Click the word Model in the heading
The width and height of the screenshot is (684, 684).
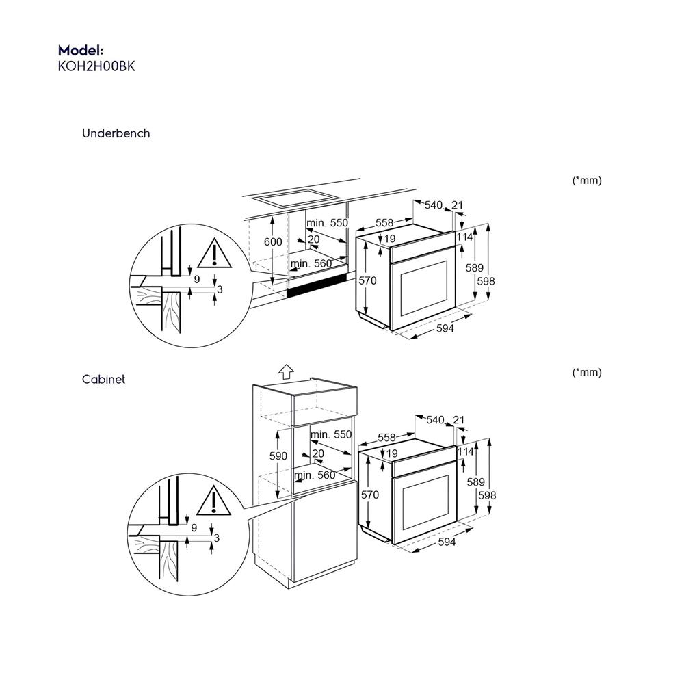click(x=79, y=51)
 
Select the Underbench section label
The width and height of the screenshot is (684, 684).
click(x=116, y=133)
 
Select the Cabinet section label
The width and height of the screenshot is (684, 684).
click(x=103, y=379)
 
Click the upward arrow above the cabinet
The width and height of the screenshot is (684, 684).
click(x=286, y=371)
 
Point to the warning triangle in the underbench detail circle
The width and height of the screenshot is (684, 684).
click(x=214, y=254)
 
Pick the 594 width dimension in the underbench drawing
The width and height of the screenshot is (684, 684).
click(x=445, y=328)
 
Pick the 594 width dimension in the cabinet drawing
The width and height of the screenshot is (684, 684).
click(x=446, y=542)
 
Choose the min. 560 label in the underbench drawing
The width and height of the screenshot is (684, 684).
click(x=311, y=264)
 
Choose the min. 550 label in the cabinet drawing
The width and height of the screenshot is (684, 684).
click(x=330, y=434)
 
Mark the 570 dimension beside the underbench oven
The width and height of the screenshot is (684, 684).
click(x=368, y=280)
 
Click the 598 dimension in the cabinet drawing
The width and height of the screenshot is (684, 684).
click(x=486, y=495)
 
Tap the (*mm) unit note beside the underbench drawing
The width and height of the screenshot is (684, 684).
click(x=586, y=181)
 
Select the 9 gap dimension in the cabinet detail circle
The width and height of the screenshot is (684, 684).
click(x=194, y=527)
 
